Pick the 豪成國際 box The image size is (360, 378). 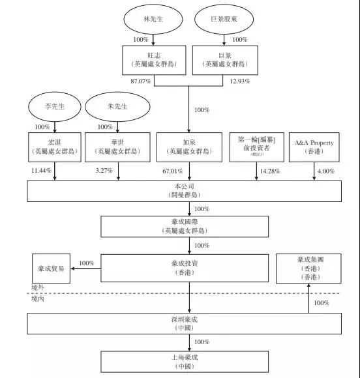185,226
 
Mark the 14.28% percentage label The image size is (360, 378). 268,171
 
